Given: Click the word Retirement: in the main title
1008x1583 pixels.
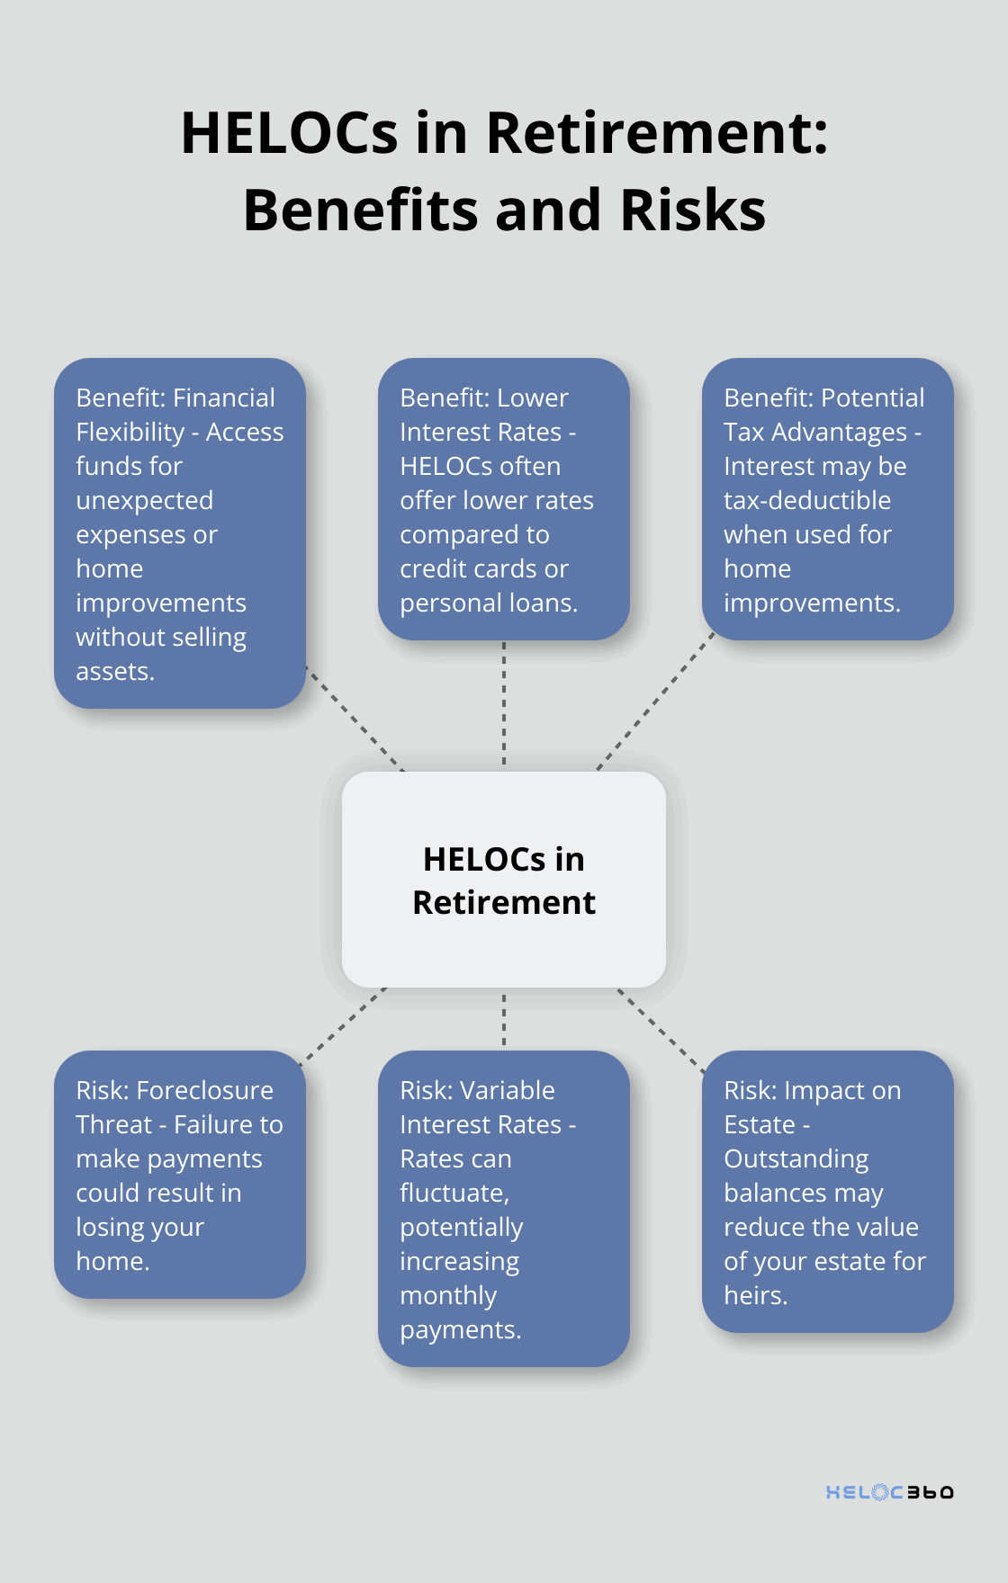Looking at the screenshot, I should (657, 133).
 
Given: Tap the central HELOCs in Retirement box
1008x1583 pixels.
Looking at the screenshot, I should (504, 880).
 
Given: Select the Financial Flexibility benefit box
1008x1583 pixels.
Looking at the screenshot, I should (180, 533).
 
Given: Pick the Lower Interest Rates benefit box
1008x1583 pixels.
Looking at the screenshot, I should (504, 499).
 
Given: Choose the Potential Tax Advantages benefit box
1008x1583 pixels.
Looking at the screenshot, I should (827, 499).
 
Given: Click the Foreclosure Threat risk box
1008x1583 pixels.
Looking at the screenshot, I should (180, 1174).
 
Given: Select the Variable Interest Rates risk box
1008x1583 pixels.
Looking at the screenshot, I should (504, 1208).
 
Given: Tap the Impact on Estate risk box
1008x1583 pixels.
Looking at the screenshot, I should (827, 1191).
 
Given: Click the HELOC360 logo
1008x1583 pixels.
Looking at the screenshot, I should (889, 1492).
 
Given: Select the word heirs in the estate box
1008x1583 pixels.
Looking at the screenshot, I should (755, 1295).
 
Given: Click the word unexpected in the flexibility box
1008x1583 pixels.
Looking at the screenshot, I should (145, 500).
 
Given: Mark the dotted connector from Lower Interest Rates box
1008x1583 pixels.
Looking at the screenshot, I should (504, 703).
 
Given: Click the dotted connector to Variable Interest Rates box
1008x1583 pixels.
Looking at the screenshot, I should (504, 1019).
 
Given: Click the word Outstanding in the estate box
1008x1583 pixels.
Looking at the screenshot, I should (796, 1158).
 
